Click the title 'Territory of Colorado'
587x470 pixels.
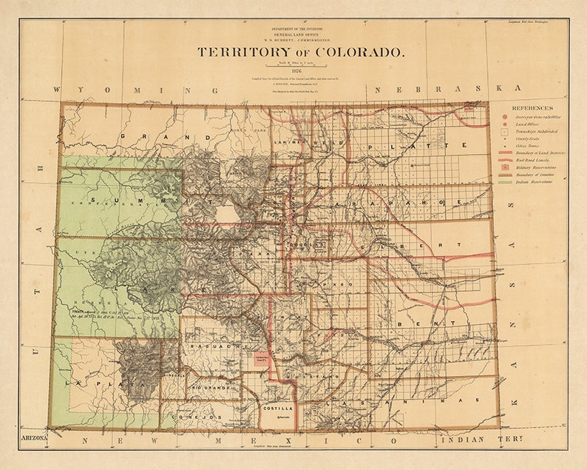(300, 53)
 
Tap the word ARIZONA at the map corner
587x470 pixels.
(33, 439)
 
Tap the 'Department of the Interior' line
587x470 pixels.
(300, 27)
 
